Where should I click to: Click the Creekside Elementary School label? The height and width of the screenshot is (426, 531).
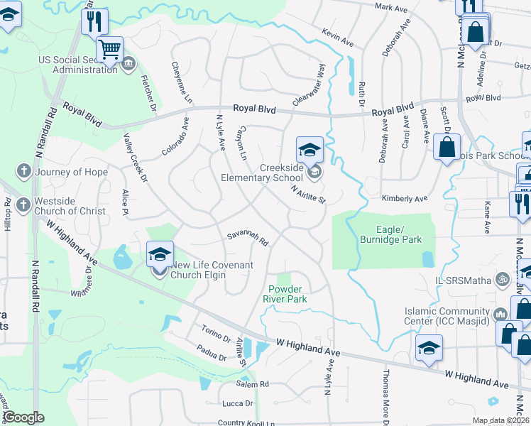click(x=262, y=173)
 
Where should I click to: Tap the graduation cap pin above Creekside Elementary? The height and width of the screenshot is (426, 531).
click(x=310, y=151)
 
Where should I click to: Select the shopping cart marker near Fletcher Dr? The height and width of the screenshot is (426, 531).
click(x=109, y=50)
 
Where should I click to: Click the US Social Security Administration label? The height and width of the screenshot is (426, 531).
click(x=78, y=65)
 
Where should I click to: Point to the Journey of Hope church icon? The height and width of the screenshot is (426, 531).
click(x=23, y=171)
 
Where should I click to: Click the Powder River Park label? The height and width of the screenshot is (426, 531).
click(x=288, y=294)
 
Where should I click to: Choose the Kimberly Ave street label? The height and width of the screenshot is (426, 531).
click(x=405, y=200)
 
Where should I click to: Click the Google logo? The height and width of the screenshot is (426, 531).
click(x=23, y=417)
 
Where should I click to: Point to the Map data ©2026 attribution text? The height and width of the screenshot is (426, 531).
click(x=500, y=420)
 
